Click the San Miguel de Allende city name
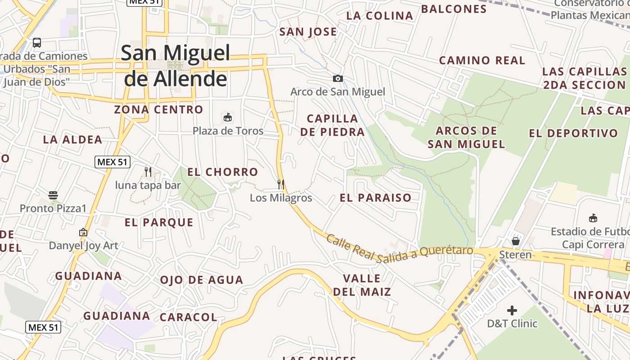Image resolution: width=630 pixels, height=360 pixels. tap(175, 66)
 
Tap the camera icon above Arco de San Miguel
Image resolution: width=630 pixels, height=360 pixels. tap(337, 79)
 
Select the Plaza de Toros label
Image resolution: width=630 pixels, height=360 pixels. tap(228, 131)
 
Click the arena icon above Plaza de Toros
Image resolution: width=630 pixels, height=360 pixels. tap(228, 117)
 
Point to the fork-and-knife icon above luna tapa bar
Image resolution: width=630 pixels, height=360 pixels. tap(148, 171)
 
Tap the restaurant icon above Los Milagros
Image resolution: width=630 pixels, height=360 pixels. tap(281, 184)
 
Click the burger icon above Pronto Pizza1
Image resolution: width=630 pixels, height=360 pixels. tap(53, 195)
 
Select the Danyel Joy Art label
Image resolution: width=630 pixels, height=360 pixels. tap(84, 246)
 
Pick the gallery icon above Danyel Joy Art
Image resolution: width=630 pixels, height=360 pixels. tap(83, 233)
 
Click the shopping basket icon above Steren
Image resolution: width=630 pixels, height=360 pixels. tap(516, 241)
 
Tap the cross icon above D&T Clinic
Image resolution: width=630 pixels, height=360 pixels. tap(512, 310)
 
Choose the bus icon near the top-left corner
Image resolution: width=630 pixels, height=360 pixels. tap(37, 43)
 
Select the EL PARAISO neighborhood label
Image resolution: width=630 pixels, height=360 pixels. tap(376, 198)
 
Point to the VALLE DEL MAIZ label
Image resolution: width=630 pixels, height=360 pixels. tap(362, 285)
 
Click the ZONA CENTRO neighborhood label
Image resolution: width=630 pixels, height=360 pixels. tap(158, 109)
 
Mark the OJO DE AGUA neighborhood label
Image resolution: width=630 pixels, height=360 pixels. tap(202, 280)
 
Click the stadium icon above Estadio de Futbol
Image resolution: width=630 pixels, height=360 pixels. tap(593, 218)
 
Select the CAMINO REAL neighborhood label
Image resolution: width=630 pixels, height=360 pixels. tap(482, 60)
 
